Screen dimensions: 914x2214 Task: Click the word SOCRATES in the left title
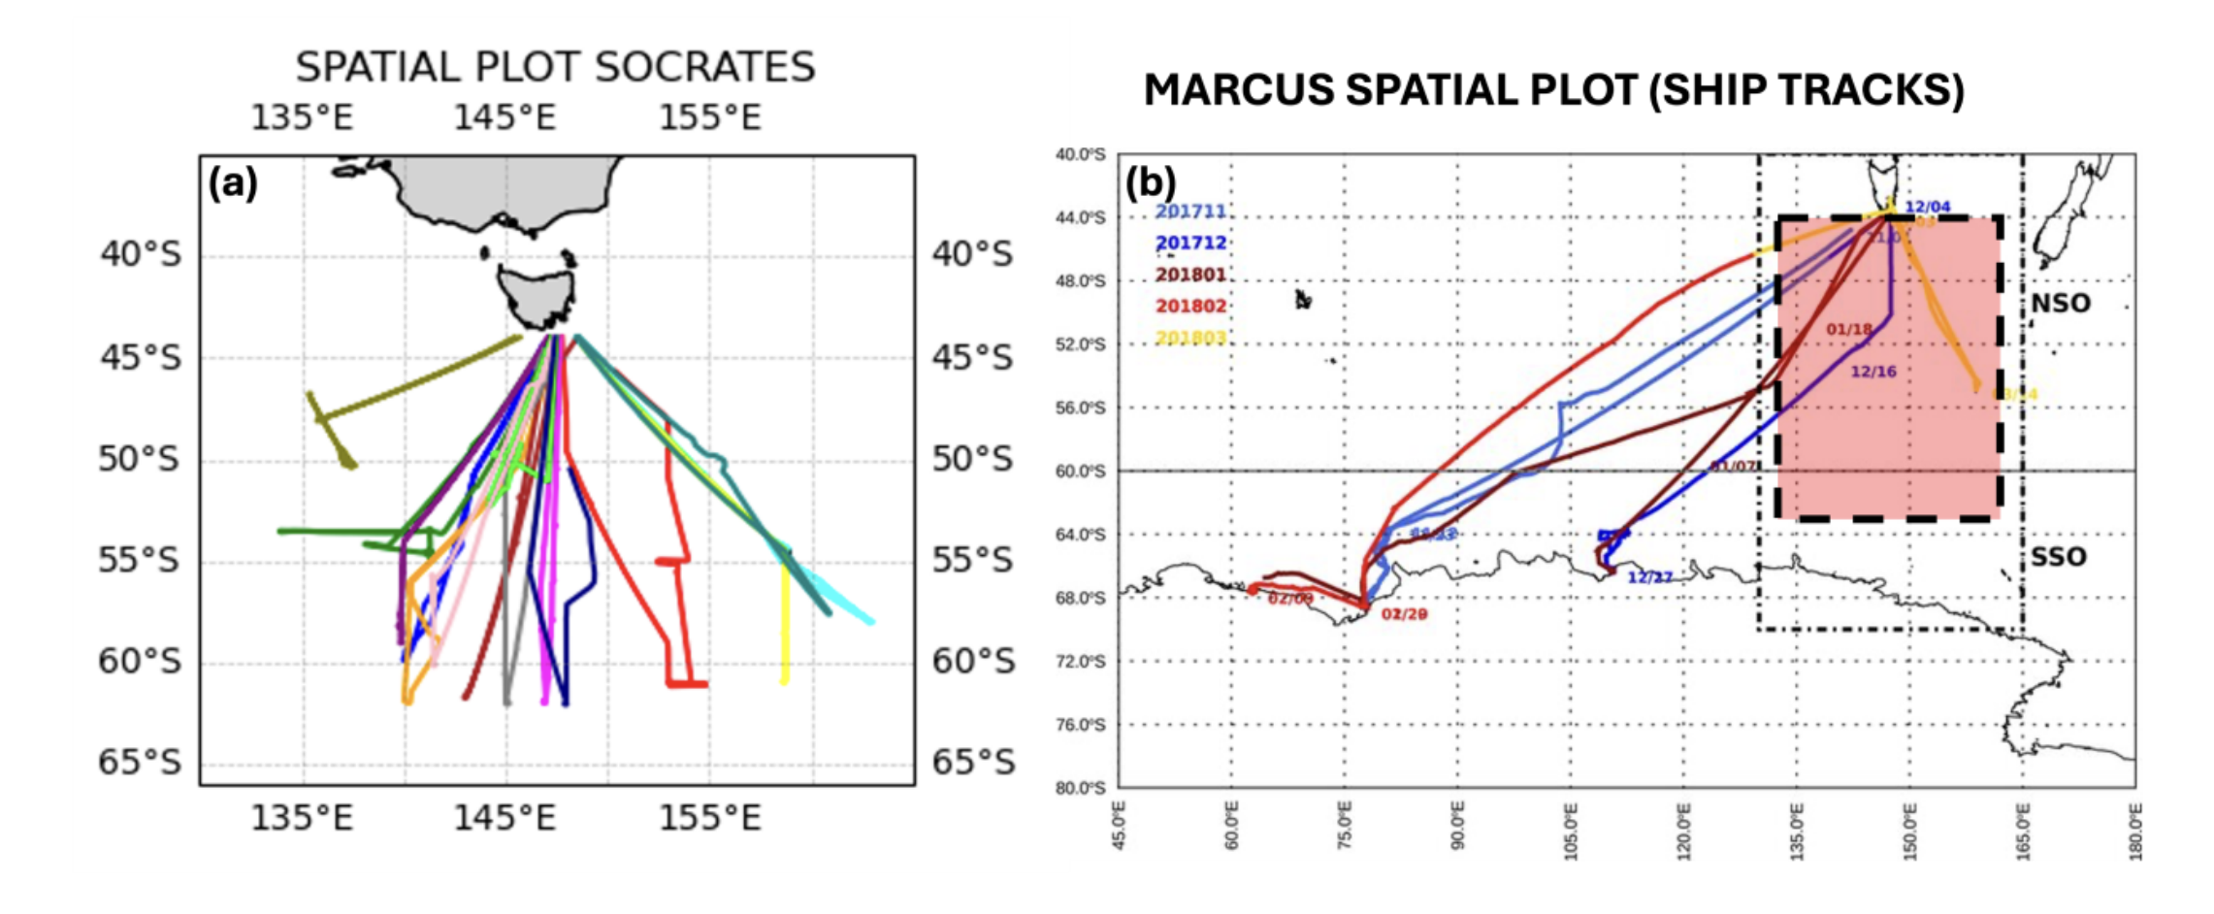tap(704, 67)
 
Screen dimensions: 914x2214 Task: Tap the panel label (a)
tap(233, 182)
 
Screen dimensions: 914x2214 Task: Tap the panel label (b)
tap(1151, 181)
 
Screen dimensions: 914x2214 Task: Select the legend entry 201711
tap(1190, 212)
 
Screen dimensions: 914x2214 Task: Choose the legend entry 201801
tap(1190, 275)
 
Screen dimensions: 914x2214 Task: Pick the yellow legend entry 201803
tap(1190, 338)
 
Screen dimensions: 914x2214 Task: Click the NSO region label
tap(2061, 304)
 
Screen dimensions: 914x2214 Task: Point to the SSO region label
tap(2059, 557)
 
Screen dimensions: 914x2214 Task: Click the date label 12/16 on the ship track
tap(1872, 372)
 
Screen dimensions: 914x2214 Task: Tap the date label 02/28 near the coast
tap(1404, 614)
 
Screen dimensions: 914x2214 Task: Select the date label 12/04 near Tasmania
tap(1927, 207)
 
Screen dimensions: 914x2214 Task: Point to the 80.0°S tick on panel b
tap(1080, 788)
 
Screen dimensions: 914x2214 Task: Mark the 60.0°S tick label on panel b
tap(1080, 472)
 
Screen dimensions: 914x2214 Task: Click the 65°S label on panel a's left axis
tap(140, 763)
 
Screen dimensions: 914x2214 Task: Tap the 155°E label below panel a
tap(709, 819)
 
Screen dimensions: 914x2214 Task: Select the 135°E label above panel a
tap(302, 117)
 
